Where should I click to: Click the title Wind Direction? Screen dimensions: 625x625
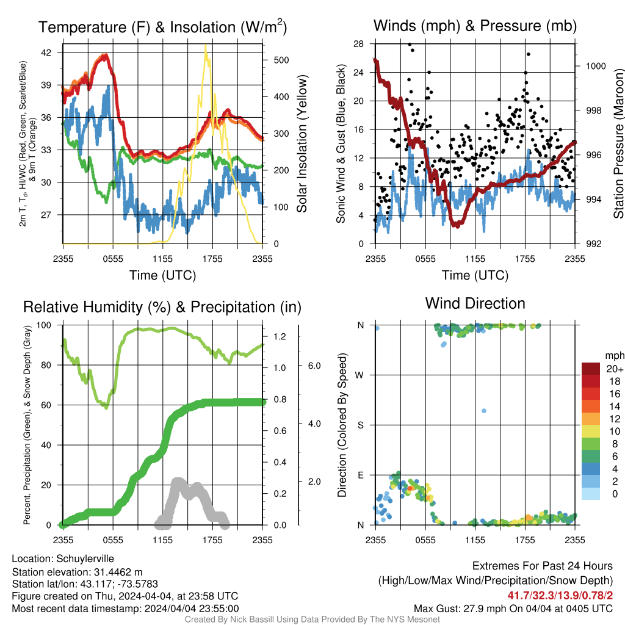click(475, 303)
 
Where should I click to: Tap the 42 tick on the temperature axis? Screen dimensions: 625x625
click(46, 52)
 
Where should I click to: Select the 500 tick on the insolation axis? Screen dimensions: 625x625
click(281, 60)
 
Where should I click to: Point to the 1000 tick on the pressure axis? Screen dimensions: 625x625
click(596, 66)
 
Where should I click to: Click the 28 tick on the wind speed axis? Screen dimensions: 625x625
click(358, 44)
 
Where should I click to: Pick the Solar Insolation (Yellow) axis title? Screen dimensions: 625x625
click(302, 143)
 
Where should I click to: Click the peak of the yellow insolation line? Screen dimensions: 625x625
click(205, 45)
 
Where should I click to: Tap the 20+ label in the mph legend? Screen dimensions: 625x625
click(614, 369)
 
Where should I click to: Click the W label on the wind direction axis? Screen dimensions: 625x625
click(359, 375)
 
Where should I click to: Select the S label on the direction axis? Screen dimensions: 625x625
click(360, 425)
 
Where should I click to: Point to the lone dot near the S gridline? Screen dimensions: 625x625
click(484, 411)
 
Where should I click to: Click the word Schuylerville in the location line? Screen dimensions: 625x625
click(85, 559)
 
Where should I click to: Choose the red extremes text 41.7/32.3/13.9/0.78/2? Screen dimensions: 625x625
click(560, 596)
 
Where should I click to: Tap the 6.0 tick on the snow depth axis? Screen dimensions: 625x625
click(314, 366)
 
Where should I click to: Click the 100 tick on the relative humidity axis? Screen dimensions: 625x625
click(44, 325)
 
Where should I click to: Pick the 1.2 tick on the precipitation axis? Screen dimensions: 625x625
click(280, 336)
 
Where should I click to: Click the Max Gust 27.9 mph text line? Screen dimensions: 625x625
click(513, 609)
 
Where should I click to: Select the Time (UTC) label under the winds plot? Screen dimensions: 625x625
click(475, 275)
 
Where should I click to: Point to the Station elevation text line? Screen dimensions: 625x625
click(77, 573)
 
